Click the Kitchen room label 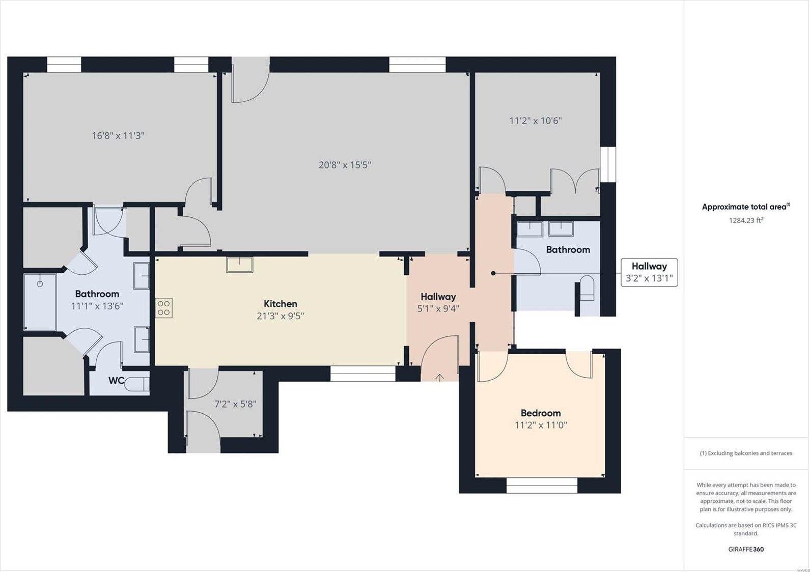[280, 304]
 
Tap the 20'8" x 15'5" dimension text [345, 165]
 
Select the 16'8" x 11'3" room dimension [118, 135]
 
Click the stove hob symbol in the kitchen [164, 308]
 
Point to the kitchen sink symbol [239, 265]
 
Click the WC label [116, 381]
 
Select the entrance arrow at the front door [439, 377]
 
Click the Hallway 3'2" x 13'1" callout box [649, 272]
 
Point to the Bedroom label [540, 413]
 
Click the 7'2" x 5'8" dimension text [235, 404]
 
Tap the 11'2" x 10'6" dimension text [535, 121]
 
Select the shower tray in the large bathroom [40, 302]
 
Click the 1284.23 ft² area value [746, 220]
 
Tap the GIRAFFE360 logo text [746, 549]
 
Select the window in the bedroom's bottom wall [542, 485]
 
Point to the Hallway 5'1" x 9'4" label [438, 302]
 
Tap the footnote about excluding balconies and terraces [746, 453]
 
